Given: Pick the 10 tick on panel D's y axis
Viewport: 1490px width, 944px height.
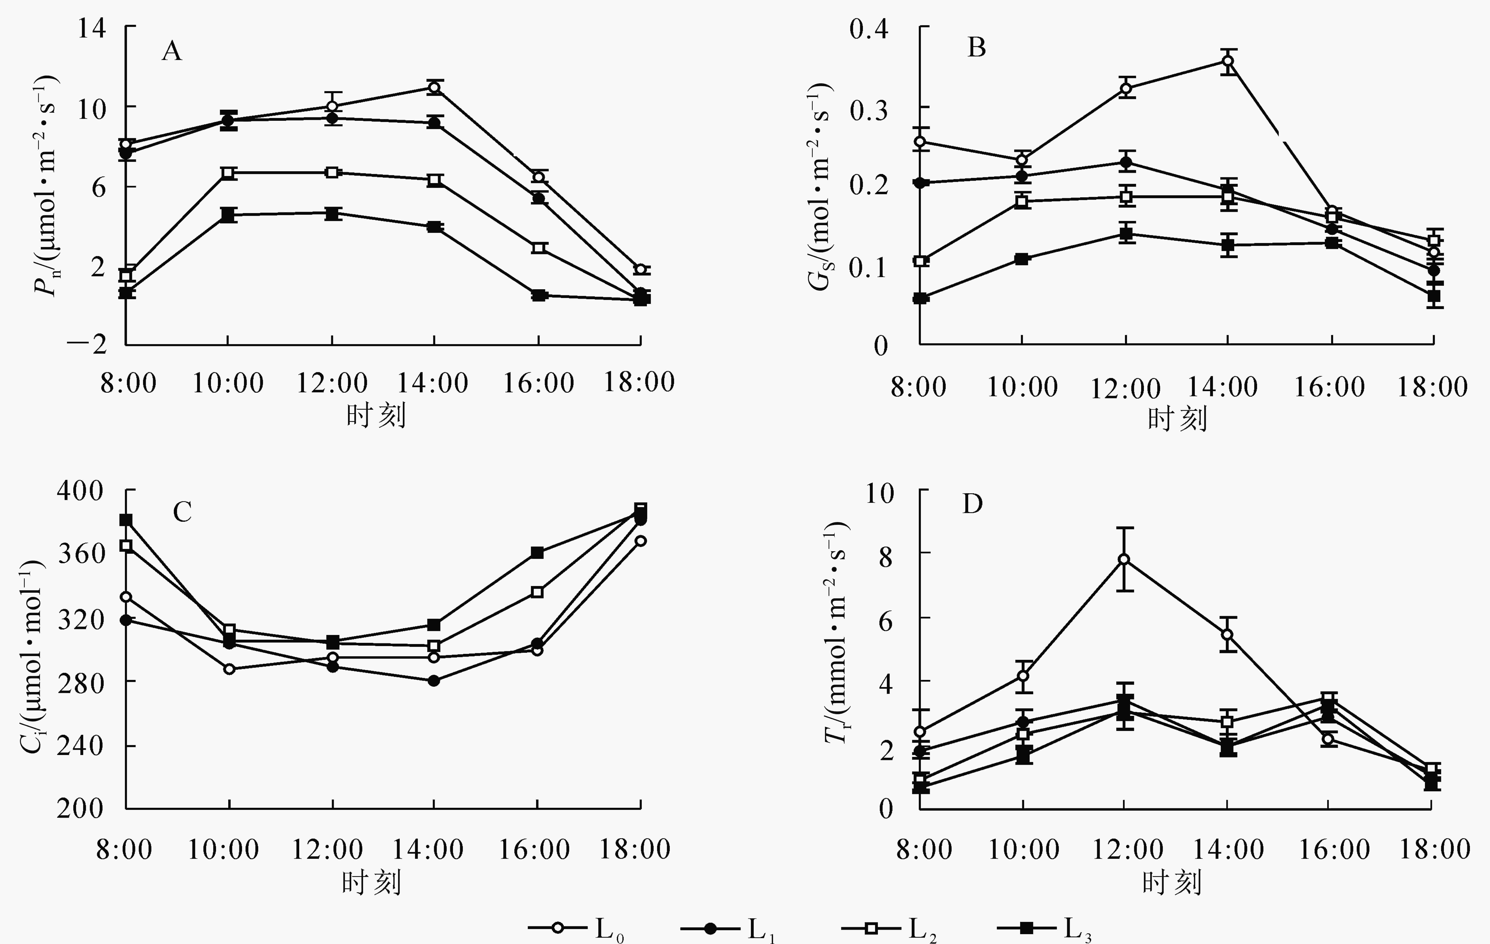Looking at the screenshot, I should [880, 493].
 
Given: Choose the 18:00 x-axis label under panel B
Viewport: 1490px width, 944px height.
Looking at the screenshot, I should [1432, 387].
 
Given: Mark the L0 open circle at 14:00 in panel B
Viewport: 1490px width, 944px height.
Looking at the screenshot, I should [1228, 61].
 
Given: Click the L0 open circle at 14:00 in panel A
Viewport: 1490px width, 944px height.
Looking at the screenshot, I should [434, 87].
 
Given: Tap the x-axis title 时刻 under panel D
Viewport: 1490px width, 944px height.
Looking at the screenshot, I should [1171, 882].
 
